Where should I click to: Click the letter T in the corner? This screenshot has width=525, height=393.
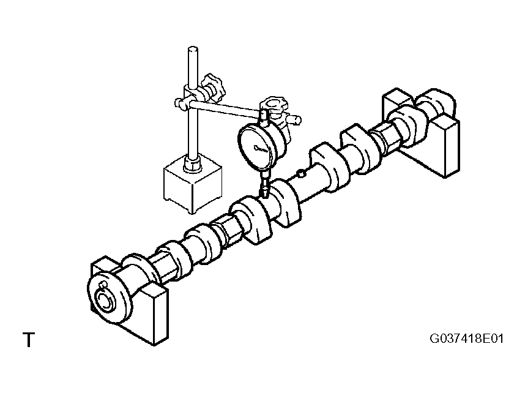click(29, 340)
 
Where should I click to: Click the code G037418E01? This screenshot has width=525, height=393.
click(466, 339)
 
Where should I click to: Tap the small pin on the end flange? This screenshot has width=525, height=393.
click(104, 285)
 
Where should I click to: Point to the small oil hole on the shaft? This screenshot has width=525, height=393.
click(301, 173)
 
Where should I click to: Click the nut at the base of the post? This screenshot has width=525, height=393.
click(192, 165)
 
